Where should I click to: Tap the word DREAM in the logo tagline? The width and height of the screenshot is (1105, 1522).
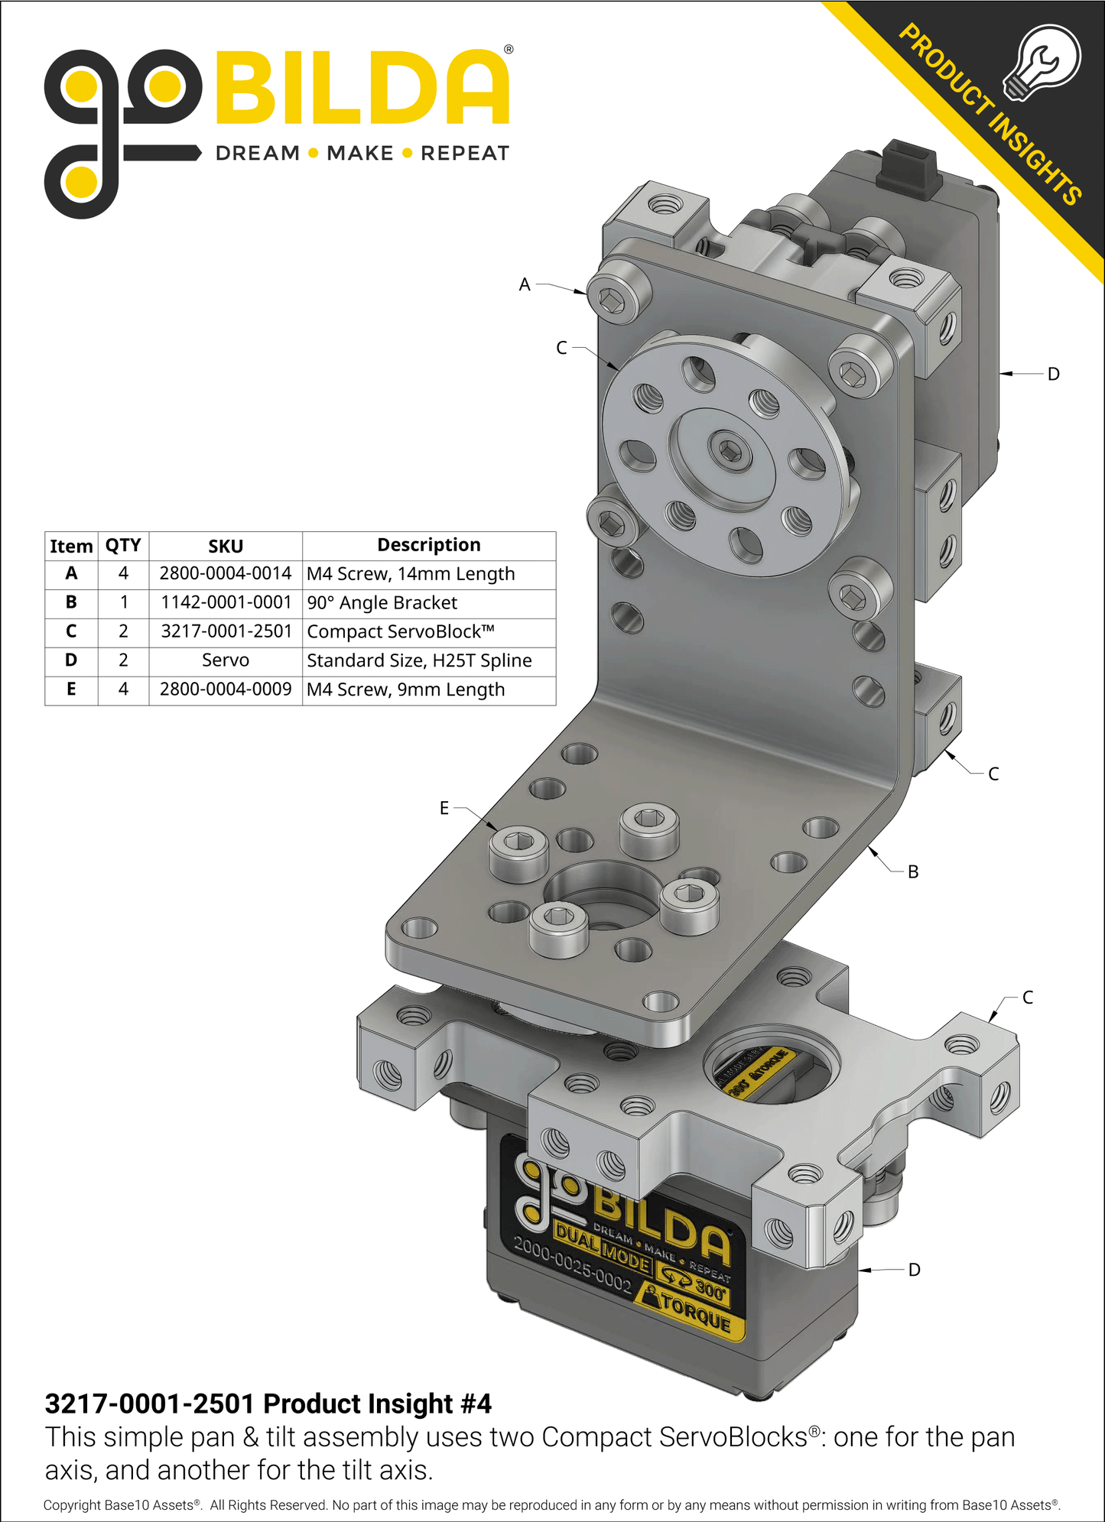pos(258,154)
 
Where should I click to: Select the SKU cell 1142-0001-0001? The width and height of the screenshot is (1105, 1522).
pos(226,602)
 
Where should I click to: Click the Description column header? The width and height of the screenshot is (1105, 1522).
pos(429,545)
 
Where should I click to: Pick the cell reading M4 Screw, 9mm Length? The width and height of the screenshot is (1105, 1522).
pos(406,690)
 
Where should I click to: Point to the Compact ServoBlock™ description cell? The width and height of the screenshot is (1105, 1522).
pos(401,631)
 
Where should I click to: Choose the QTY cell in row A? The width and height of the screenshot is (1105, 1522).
pos(123,573)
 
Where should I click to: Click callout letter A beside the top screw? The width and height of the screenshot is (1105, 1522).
pos(525,284)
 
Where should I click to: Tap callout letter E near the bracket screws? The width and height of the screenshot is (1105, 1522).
pos(444,808)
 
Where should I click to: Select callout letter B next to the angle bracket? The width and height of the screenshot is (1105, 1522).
pos(913,871)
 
